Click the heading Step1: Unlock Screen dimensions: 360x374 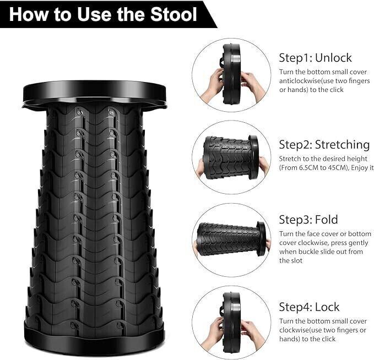click(x=315, y=58)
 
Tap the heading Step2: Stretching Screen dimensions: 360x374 click(x=324, y=145)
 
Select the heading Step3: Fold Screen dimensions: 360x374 click(x=308, y=220)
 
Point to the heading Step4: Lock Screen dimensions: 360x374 click(x=310, y=307)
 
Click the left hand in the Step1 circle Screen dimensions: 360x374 click(x=212, y=85)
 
